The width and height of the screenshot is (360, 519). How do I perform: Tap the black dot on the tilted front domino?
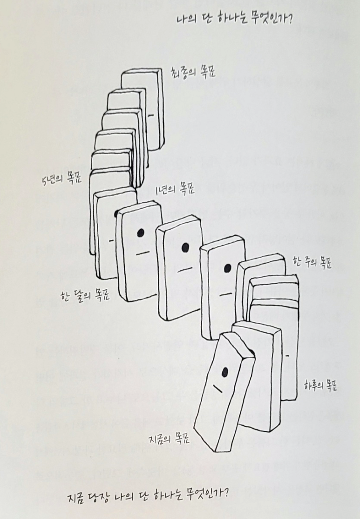click(224, 371)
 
